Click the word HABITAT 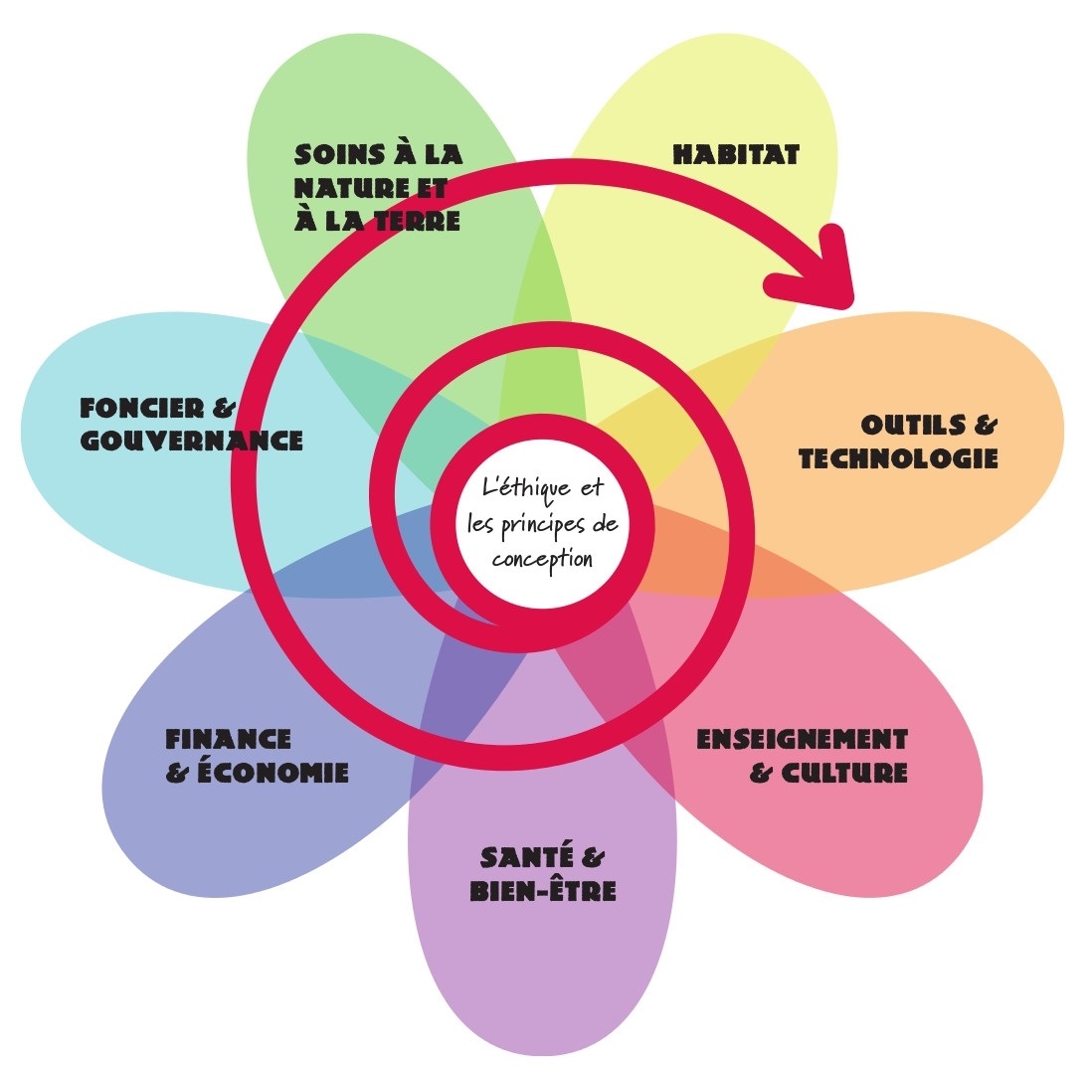click(736, 155)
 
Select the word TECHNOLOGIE click(898, 458)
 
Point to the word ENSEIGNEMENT click(802, 740)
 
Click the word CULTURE click(844, 773)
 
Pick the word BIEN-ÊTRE click(543, 889)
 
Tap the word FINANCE click(228, 740)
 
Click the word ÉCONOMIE click(274, 772)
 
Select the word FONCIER click(144, 408)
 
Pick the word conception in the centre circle click(542, 558)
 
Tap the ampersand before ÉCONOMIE click(178, 773)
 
